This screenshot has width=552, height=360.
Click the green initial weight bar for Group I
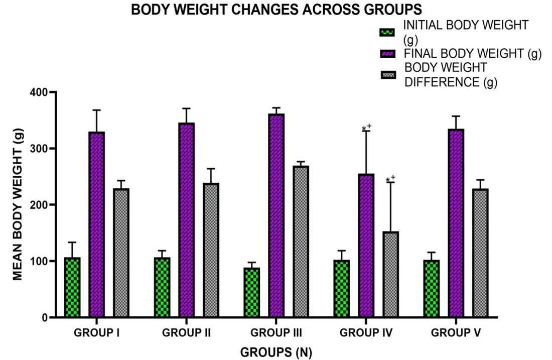coord(72,287)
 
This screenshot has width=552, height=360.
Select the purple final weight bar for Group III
coord(276,216)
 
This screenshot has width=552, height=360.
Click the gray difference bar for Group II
coord(211,250)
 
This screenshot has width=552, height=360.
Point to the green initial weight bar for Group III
coord(252,292)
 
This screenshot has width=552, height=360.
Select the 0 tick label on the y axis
coord(44,317)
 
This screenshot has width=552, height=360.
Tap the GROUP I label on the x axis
coord(96,333)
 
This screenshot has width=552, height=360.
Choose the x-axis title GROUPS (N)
coord(276,352)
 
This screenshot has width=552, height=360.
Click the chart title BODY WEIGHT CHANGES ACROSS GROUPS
coord(276,10)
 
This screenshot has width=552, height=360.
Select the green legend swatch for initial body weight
coord(387,33)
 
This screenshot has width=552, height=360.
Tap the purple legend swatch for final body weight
coord(387,54)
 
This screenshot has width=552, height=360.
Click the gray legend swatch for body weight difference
coord(387,74)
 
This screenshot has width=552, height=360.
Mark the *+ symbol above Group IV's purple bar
coord(367,128)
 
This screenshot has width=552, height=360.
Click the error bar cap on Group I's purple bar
coord(96,110)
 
